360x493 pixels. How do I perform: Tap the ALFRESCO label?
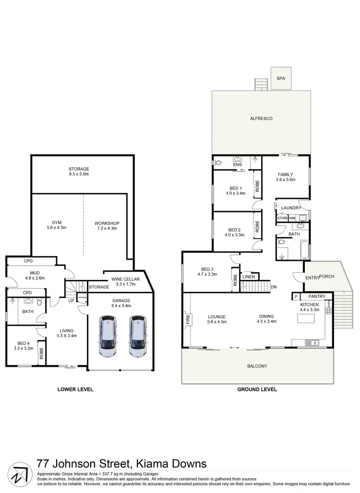coord(261,118)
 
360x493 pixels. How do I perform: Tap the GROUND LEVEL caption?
coord(257,389)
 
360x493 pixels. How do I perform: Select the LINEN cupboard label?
coord(248,277)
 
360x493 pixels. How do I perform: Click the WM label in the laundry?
coord(292,218)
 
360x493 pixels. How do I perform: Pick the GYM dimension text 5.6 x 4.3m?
coord(57,228)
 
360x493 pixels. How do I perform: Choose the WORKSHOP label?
coord(107,223)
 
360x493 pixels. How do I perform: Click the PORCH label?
coord(327,276)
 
